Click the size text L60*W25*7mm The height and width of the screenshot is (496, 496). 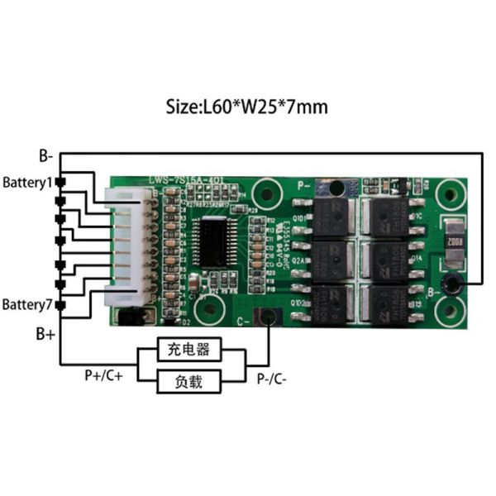tap(248, 107)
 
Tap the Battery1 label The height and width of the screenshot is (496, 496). tap(26, 182)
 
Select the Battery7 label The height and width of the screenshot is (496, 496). tap(26, 305)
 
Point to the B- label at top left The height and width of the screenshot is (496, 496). tap(47, 154)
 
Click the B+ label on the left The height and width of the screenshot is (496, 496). tap(45, 335)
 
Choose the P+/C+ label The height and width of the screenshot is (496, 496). tap(104, 375)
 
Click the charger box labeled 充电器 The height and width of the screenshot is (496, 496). tap(191, 350)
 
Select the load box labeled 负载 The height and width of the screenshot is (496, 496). tap(191, 381)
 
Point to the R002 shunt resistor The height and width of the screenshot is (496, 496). tap(453, 243)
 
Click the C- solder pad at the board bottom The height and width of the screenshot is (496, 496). tap(266, 317)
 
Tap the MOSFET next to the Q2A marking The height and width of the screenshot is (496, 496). tap(329, 260)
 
